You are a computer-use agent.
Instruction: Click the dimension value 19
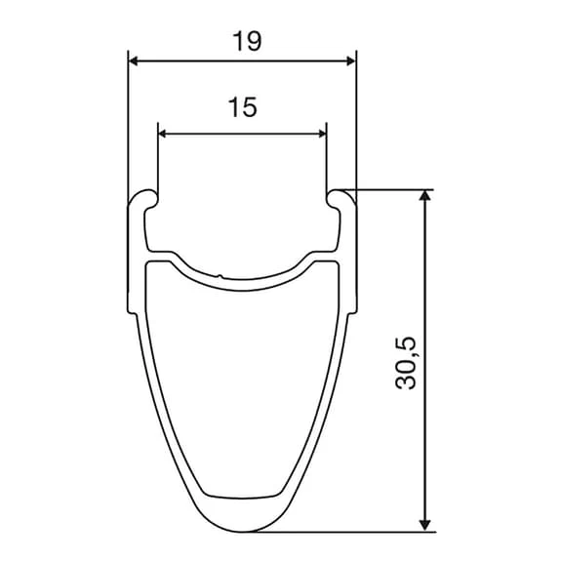point(247,41)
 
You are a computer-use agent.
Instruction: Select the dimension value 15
point(242,107)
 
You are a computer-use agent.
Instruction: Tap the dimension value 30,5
point(406,363)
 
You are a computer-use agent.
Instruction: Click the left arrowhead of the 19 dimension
point(133,61)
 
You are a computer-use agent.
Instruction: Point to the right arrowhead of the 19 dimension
point(351,61)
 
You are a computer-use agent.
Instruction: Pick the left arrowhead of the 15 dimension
point(163,134)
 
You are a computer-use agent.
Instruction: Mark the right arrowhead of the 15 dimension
point(322,134)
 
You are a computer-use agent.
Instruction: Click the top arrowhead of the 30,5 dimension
point(424,195)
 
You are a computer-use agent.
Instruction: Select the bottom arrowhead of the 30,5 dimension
point(424,526)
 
